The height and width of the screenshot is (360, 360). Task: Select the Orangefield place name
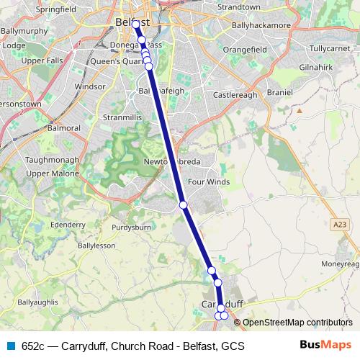(244, 49)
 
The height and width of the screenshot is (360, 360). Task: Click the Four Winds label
(209, 182)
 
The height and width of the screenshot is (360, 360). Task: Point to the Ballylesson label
(96, 246)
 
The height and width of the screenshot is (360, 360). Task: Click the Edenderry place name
(68, 224)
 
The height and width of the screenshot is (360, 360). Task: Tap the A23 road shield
(340, 225)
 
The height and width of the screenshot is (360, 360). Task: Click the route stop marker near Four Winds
(184, 205)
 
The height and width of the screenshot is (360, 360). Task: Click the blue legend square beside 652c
(10, 346)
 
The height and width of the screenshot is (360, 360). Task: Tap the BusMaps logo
(325, 346)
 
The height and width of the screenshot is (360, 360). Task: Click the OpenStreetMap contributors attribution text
(297, 323)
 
